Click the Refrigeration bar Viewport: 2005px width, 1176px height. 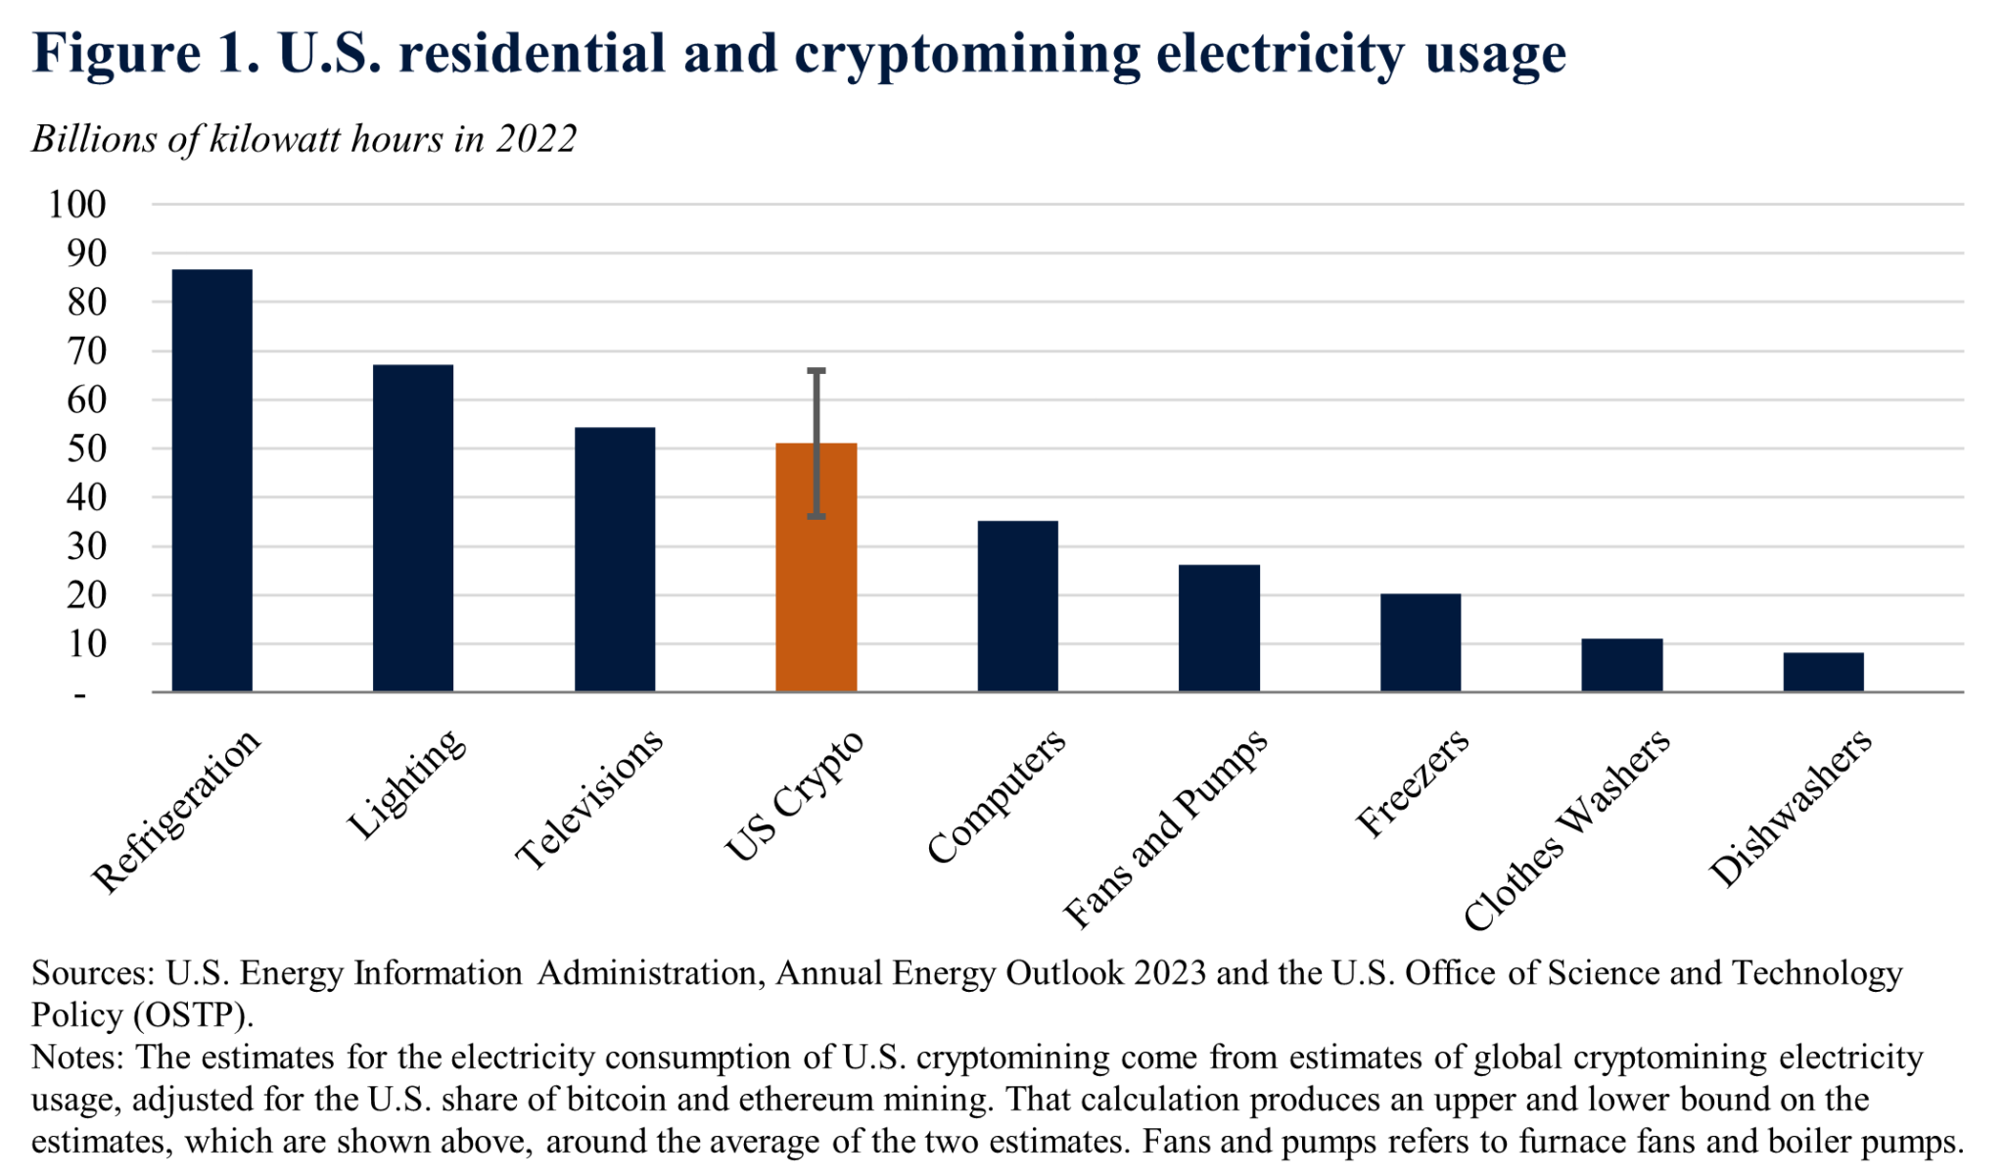[x=211, y=480]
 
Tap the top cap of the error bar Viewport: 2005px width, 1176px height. [x=816, y=371]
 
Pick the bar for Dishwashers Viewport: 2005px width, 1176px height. [x=1822, y=672]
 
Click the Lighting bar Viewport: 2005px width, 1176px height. [x=412, y=529]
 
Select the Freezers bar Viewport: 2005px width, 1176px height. [x=1420, y=642]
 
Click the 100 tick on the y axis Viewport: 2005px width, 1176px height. [x=76, y=205]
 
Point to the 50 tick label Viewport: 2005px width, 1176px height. [x=86, y=448]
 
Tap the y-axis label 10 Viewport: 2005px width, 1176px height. [x=86, y=644]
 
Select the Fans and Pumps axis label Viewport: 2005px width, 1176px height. [x=1165, y=828]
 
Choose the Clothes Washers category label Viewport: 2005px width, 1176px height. [x=1566, y=830]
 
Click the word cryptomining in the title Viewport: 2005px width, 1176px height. [x=966, y=53]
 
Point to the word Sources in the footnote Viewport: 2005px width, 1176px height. [x=91, y=973]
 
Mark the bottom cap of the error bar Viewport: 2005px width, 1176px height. [x=816, y=516]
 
